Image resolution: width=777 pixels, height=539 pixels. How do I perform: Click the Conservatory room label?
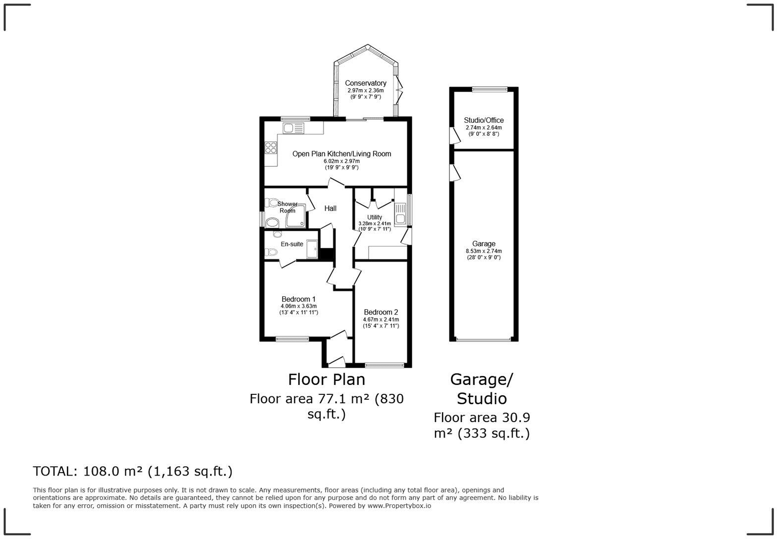tap(366, 83)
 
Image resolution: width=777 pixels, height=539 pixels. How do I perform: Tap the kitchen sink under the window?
tap(293, 128)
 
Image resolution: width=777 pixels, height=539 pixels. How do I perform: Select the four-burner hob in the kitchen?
tap(271, 147)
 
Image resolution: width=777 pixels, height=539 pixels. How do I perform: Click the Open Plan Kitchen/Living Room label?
tap(341, 154)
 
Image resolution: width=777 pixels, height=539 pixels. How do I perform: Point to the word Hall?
tap(331, 209)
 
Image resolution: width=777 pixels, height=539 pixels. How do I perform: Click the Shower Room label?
tap(287, 207)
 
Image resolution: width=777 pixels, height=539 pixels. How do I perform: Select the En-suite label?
tap(292, 244)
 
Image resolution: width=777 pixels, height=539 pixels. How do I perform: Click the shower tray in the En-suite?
tap(312, 249)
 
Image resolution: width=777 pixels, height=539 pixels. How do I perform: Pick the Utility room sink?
tap(400, 216)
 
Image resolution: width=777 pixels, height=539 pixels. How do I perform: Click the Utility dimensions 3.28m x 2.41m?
tap(375, 224)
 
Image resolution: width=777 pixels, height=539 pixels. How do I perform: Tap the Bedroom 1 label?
tap(298, 299)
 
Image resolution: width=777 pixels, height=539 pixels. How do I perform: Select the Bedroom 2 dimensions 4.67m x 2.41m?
tap(381, 320)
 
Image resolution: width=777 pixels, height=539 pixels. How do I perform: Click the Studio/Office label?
tap(484, 120)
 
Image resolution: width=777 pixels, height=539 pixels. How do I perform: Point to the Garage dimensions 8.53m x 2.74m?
tap(484, 251)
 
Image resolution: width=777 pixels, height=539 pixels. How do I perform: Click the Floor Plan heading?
tap(327, 379)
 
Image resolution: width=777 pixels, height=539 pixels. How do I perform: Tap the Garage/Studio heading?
tap(482, 389)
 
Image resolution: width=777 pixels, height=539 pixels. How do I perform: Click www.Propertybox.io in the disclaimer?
tap(399, 506)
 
